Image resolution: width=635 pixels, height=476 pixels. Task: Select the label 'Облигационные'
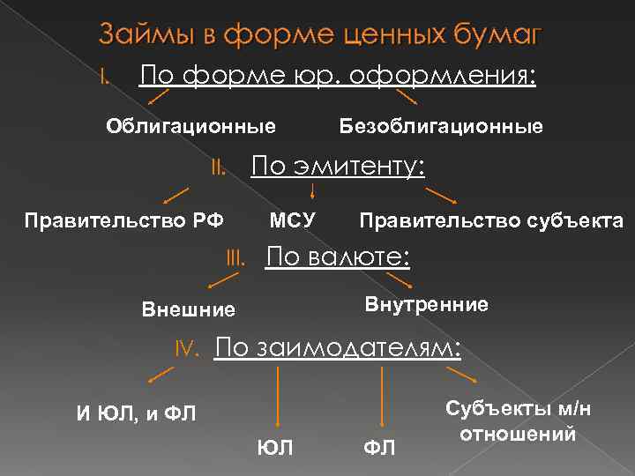pyautogui.click(x=190, y=125)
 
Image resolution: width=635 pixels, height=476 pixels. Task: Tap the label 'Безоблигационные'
pyautogui.click(x=441, y=126)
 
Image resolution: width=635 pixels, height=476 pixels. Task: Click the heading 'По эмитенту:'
pyautogui.click(x=339, y=166)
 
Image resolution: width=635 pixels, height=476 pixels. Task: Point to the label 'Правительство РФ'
pyautogui.click(x=123, y=219)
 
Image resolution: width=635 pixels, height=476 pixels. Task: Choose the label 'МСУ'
pyautogui.click(x=292, y=219)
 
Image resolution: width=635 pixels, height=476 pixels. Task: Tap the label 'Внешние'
pyautogui.click(x=189, y=309)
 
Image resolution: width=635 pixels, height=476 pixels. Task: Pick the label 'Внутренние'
pyautogui.click(x=426, y=304)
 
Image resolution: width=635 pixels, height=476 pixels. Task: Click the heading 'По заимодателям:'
pyautogui.click(x=338, y=347)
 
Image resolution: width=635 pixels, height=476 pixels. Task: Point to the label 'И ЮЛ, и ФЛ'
pyautogui.click(x=138, y=414)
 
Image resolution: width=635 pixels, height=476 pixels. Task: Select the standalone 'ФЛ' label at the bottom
pyautogui.click(x=379, y=448)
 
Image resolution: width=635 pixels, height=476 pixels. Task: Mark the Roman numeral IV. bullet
pyautogui.click(x=190, y=350)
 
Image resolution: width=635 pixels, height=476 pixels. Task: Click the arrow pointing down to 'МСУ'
pyautogui.click(x=314, y=190)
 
